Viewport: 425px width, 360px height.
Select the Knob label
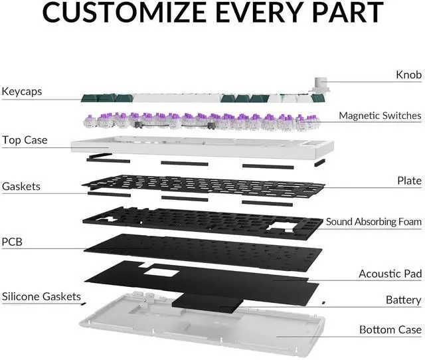[x=408, y=74]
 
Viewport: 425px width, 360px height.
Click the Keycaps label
[x=22, y=91]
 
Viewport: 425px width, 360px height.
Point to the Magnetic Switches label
[x=380, y=116]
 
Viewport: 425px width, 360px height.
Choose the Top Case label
[x=25, y=140]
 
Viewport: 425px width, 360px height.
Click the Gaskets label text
[x=21, y=187]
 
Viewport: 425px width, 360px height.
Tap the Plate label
[x=409, y=180]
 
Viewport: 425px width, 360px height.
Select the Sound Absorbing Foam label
[x=373, y=221]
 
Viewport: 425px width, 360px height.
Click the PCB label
[x=12, y=242]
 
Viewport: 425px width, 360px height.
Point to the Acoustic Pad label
[x=390, y=274]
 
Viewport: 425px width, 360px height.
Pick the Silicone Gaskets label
[x=41, y=296]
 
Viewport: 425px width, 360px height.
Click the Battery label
[x=403, y=300]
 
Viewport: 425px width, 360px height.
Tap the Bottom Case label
[x=390, y=329]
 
